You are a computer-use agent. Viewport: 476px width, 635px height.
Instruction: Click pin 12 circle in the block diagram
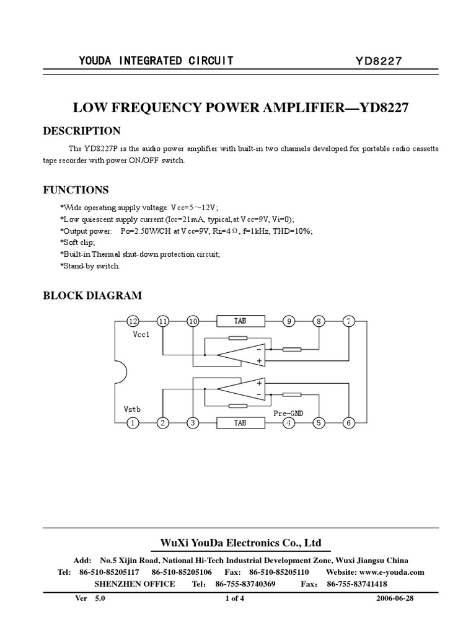(132, 321)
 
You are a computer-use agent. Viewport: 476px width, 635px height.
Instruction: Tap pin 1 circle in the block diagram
(132, 423)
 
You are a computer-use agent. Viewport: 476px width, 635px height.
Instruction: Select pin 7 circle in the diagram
(349, 321)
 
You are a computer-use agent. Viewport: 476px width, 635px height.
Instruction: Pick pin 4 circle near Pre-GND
(289, 423)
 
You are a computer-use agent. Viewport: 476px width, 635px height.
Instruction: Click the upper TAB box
(240, 321)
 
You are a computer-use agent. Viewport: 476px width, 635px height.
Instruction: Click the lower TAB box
(240, 423)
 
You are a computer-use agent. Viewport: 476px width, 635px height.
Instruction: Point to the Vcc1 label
(141, 334)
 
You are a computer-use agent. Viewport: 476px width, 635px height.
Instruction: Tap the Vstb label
(132, 410)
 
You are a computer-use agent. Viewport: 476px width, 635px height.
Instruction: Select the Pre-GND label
(289, 412)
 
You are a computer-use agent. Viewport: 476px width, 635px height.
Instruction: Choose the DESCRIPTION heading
(81, 131)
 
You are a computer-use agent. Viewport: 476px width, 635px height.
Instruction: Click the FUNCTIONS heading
(76, 190)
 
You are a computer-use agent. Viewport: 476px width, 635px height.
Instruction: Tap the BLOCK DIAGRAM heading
(92, 296)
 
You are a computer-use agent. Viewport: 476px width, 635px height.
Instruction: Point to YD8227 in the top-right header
(379, 61)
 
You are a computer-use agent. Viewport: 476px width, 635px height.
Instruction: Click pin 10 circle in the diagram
(193, 321)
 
